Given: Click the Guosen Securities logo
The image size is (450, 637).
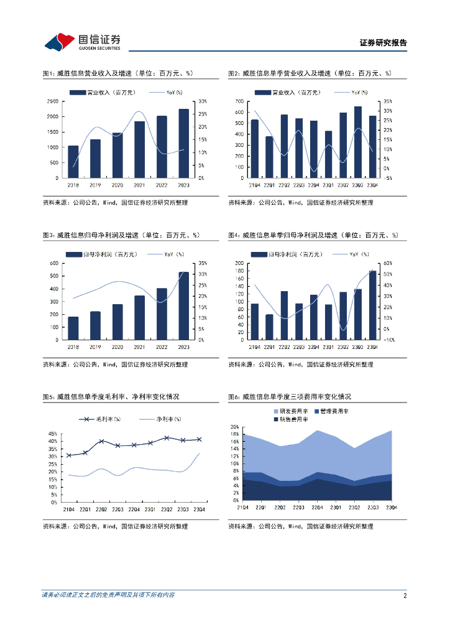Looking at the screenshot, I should click(x=83, y=42).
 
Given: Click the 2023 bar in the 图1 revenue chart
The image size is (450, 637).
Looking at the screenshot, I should click(x=183, y=143).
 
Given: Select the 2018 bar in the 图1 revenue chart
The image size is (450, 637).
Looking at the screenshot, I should click(x=73, y=162).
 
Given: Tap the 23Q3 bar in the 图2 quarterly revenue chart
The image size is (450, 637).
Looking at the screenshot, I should click(x=358, y=142).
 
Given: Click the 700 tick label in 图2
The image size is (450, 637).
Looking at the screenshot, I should click(x=239, y=101).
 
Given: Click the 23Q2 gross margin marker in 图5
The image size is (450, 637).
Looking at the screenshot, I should click(x=167, y=438).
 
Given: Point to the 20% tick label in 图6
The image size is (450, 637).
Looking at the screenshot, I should click(x=235, y=427).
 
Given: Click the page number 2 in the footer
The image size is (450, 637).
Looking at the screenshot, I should click(x=405, y=595).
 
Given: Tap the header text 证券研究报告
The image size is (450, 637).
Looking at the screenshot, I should click(x=383, y=43).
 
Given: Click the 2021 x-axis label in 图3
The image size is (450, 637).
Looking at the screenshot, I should click(x=139, y=346).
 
